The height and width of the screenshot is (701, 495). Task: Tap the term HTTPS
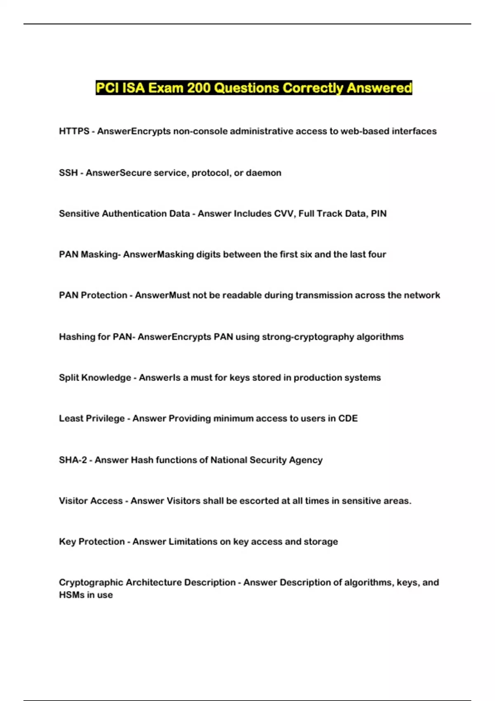click(x=74, y=131)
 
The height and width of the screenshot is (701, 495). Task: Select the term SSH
click(x=68, y=173)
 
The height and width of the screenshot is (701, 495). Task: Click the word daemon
click(x=264, y=173)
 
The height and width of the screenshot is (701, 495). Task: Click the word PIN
click(x=379, y=214)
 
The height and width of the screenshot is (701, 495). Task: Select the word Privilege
click(x=105, y=419)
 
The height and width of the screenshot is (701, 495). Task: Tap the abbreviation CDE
click(x=348, y=419)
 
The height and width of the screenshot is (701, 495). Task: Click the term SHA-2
click(x=73, y=460)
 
